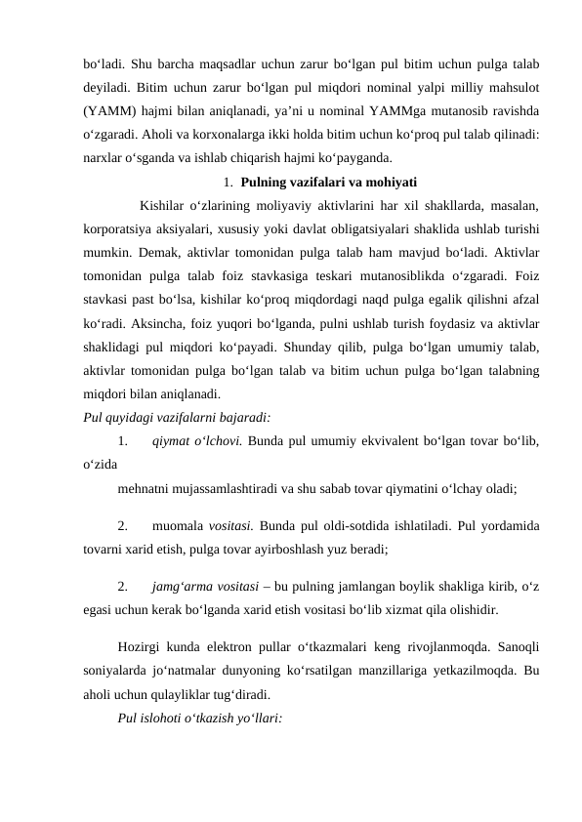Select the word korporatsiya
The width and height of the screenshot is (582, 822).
pyautogui.click(x=122, y=228)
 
